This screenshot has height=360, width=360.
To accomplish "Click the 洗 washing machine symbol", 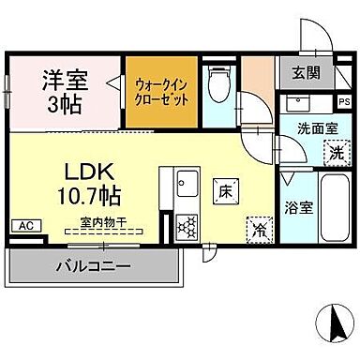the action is click(x=334, y=150).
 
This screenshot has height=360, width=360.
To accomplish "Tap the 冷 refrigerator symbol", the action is click(x=257, y=228).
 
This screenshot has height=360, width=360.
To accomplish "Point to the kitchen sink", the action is click(x=183, y=182).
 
